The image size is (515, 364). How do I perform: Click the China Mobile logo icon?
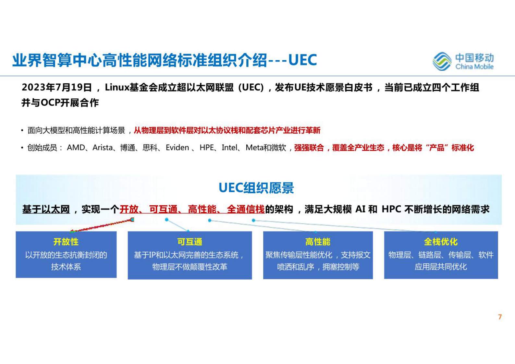(x=442, y=61)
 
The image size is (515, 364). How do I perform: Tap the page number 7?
(x=500, y=317)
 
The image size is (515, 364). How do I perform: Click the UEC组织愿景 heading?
(x=256, y=188)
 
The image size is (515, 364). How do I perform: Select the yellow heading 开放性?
(x=66, y=242)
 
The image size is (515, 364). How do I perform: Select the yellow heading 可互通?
(x=190, y=242)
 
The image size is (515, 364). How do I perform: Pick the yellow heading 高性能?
(x=318, y=242)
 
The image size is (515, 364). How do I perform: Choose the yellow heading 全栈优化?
(x=441, y=242)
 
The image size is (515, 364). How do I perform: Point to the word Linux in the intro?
(x=117, y=87)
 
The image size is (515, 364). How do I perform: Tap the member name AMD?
(x=76, y=148)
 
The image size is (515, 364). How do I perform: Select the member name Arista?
(x=103, y=148)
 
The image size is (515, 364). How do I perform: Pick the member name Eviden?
(x=177, y=148)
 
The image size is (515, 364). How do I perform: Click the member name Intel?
(x=230, y=148)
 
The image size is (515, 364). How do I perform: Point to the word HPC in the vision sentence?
(x=392, y=209)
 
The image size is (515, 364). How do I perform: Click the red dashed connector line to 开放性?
(x=101, y=225)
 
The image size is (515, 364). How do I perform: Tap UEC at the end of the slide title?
(x=302, y=60)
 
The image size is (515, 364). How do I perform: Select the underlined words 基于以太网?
(x=46, y=209)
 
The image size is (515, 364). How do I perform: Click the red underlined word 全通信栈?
(x=246, y=209)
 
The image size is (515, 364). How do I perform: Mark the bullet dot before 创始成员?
(x=22, y=148)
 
